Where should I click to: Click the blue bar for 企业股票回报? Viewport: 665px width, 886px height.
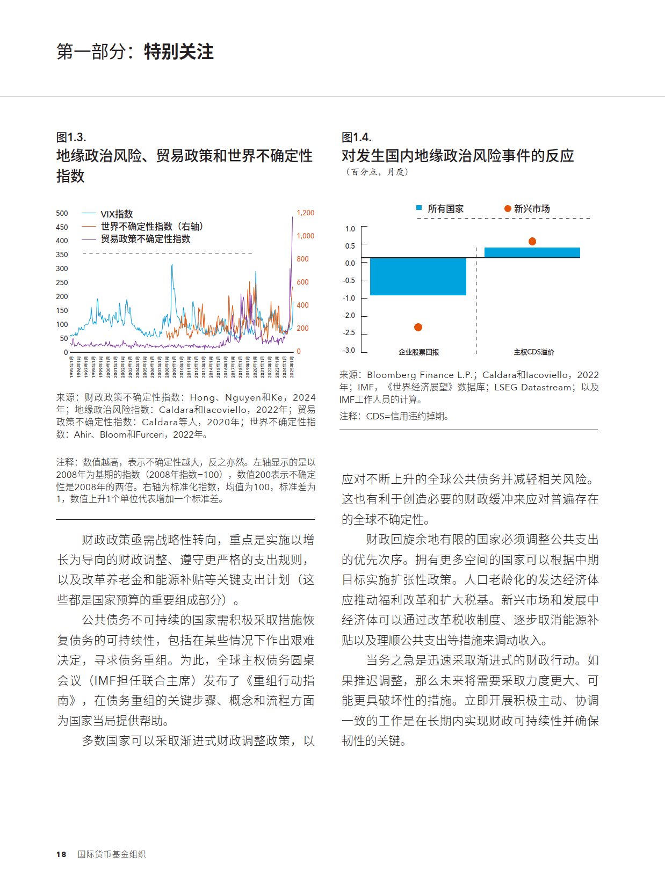click(x=418, y=277)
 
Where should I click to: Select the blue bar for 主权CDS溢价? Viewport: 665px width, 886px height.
click(x=532, y=252)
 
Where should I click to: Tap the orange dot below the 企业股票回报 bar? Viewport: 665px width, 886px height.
click(x=418, y=327)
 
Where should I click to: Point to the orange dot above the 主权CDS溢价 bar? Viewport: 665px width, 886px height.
click(x=532, y=241)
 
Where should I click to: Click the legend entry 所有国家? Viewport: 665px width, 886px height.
click(x=445, y=209)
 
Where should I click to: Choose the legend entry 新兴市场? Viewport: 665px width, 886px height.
click(x=531, y=209)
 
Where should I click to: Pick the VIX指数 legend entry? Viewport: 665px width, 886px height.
click(x=117, y=214)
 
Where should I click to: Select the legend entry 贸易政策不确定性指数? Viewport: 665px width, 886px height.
click(x=145, y=239)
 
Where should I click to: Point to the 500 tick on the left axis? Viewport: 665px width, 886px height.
click(x=62, y=213)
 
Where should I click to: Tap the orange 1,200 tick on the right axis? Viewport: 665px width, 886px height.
click(x=306, y=213)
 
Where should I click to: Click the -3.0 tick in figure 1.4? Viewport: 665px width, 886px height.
click(x=349, y=350)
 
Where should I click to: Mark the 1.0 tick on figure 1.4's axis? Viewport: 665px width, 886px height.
click(x=350, y=229)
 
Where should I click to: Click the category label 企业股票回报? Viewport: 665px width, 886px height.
click(x=418, y=352)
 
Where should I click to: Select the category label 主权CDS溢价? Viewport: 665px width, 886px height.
click(x=534, y=352)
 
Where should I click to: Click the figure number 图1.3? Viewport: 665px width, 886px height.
click(x=71, y=137)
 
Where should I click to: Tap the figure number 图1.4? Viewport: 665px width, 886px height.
click(x=356, y=137)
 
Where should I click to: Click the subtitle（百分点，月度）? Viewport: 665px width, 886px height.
click(x=377, y=172)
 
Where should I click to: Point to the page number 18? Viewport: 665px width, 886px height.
click(x=61, y=854)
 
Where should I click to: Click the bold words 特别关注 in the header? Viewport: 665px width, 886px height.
click(x=179, y=52)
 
